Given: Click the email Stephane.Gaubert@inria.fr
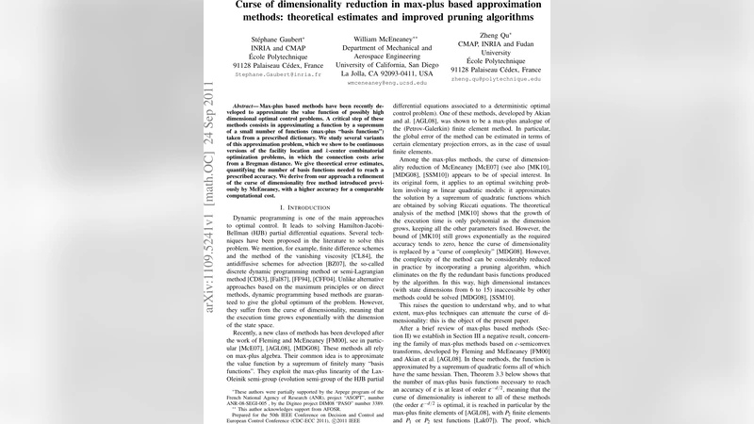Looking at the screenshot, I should (278, 73).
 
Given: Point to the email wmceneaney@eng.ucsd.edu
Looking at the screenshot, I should (387, 83).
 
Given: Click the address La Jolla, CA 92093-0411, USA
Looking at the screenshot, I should (387, 73).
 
